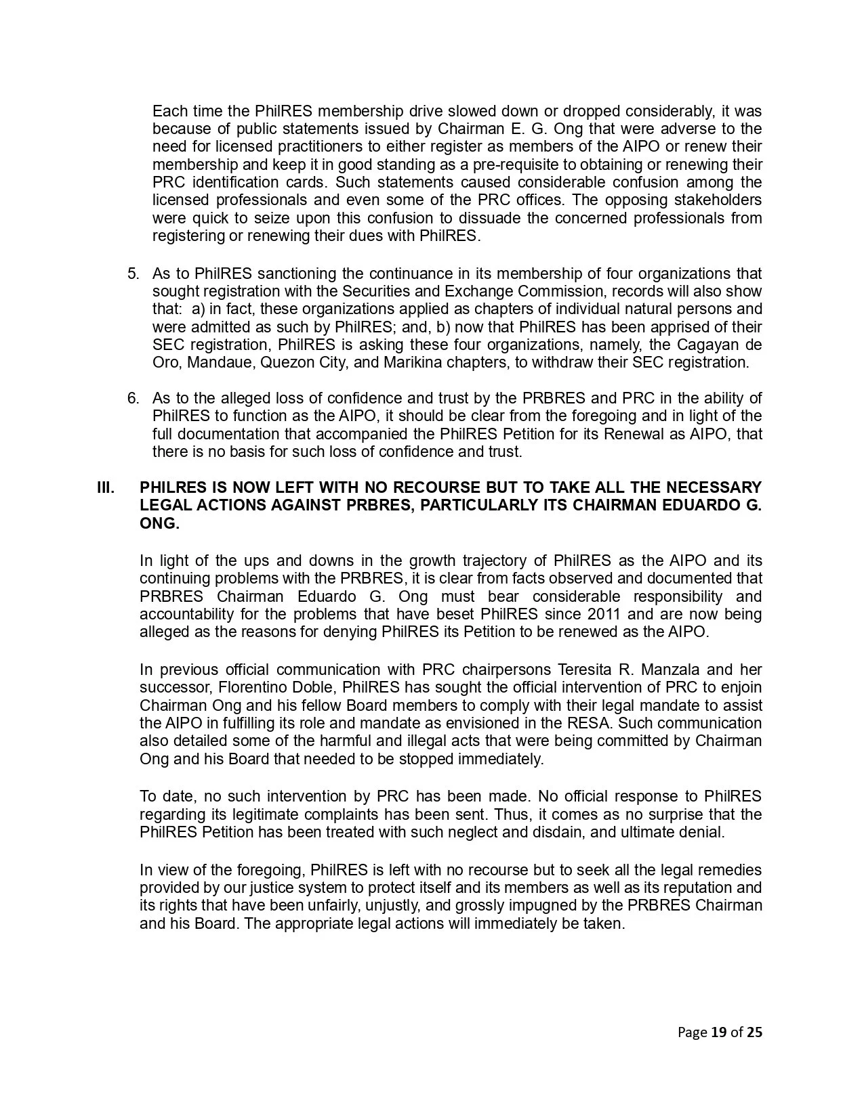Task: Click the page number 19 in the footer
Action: click(x=718, y=1032)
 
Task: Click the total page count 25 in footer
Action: click(x=754, y=1032)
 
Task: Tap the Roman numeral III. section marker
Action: click(x=106, y=488)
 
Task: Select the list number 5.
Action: click(x=133, y=273)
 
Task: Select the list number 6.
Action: click(x=133, y=398)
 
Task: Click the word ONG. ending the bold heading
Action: click(x=159, y=523)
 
